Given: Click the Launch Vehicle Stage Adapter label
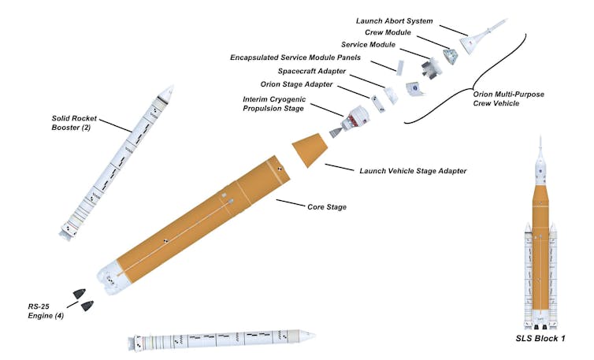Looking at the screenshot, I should point(413,171).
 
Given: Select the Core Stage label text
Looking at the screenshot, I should point(326,207).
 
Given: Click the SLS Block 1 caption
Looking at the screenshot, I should point(540,340).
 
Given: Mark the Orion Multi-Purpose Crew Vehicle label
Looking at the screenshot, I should point(509,98).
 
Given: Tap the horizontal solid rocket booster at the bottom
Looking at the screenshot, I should point(222,340).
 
